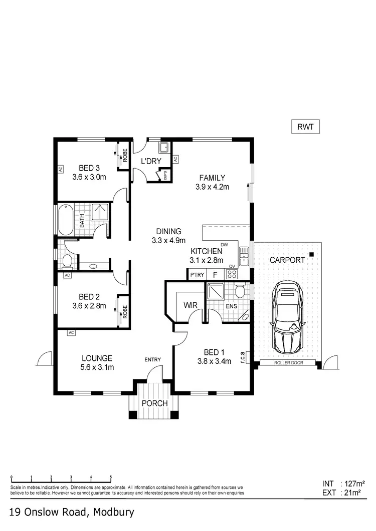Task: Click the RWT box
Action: [x=305, y=127]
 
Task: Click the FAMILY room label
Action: [x=212, y=178]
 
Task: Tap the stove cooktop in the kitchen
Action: [x=232, y=274]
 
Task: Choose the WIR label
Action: [x=190, y=304]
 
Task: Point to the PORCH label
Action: [x=154, y=403]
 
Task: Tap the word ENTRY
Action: [x=152, y=359]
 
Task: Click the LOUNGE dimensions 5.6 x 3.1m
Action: [x=97, y=367]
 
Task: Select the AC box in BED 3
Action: [x=60, y=169]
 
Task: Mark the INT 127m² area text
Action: [x=343, y=484]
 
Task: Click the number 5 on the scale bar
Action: [x=111, y=477]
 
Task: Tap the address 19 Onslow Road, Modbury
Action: [x=71, y=512]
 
